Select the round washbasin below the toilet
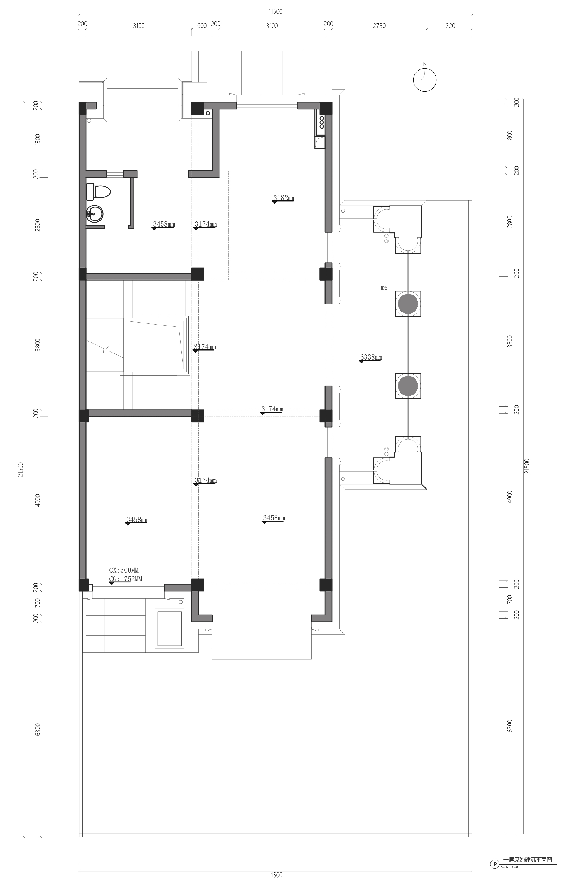[x=94, y=214]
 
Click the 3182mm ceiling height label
[x=284, y=198]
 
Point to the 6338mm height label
[x=371, y=357]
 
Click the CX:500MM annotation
[x=124, y=570]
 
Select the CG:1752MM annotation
[x=126, y=579]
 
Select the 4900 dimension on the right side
[x=510, y=497]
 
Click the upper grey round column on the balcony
[x=408, y=304]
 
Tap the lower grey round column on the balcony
[x=408, y=386]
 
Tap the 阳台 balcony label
[x=384, y=288]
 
